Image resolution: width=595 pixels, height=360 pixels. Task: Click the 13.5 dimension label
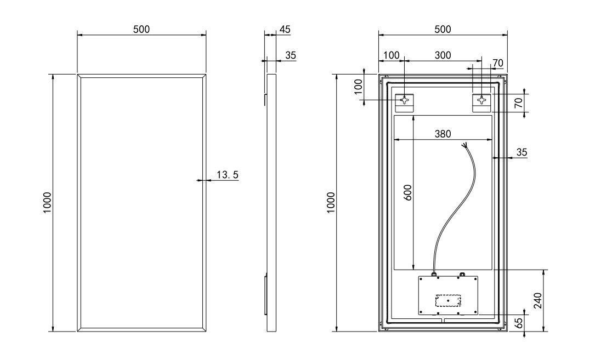pos(227,174)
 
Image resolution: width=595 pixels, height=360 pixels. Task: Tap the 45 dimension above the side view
pos(285,29)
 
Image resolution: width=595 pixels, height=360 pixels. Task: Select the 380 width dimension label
pos(443,134)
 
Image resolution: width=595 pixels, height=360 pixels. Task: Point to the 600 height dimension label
pos(407,193)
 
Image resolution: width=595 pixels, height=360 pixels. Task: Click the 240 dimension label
pos(538,300)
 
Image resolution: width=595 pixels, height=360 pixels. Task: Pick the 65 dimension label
pos(519,323)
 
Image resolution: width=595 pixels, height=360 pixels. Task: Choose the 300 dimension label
pos(443,55)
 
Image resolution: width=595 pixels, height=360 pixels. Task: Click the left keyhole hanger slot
pos(405,100)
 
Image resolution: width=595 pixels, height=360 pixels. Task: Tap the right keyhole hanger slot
pos(481,100)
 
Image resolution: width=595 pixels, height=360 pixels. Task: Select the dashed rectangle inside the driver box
pos(448,300)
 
